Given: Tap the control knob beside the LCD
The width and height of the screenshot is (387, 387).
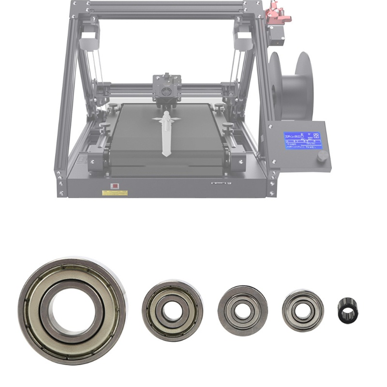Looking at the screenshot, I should coord(322,156).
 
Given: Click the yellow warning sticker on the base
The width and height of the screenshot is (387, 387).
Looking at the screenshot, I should coord(115,193).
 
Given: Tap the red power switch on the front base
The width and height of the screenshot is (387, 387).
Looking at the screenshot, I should coord(115,185).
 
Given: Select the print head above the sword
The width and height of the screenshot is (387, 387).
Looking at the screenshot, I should coord(166,87).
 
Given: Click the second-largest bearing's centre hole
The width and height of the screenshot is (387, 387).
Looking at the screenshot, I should coord(172,311).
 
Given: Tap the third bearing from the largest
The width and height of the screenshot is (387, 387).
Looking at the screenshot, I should coord(242,308).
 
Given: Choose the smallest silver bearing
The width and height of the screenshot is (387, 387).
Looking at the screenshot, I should coord(303,310).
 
